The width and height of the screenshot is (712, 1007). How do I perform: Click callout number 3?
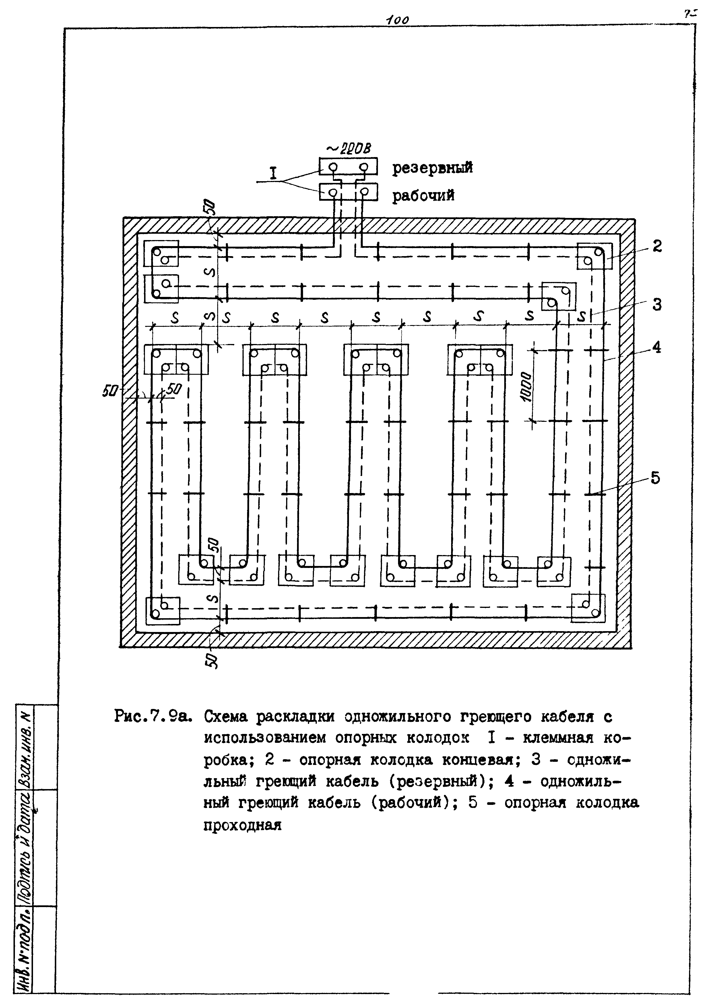[656, 304]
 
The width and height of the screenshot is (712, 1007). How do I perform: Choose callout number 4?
[656, 347]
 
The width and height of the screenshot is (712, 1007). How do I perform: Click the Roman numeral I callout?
[273, 174]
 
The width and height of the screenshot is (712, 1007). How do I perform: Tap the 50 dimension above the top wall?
[211, 206]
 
